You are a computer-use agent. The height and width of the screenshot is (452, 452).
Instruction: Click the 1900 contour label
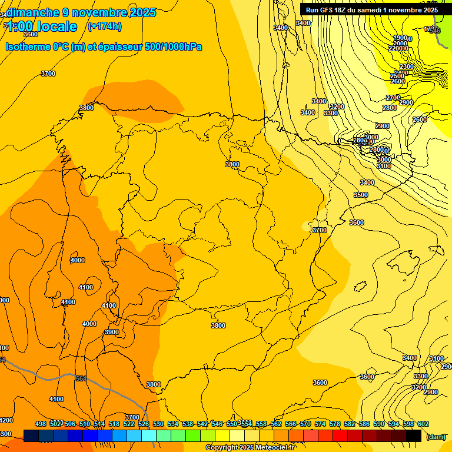(400, 38)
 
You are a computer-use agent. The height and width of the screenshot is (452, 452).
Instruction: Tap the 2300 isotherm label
(406, 67)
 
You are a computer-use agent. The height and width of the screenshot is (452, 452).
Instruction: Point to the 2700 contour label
(393, 98)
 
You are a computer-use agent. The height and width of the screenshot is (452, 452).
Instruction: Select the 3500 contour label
(361, 195)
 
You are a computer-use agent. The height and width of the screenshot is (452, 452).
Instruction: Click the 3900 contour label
(111, 332)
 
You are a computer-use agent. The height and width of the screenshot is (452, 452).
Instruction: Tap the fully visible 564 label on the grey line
(81, 378)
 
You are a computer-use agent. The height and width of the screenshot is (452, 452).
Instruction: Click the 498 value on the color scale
(41, 424)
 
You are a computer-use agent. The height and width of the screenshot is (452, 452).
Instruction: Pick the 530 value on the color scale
(158, 424)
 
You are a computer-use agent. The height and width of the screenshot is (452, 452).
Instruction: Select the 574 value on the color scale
(320, 424)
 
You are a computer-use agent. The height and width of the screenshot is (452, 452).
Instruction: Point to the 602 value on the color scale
(423, 424)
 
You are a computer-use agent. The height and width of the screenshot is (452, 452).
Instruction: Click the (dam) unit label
(436, 437)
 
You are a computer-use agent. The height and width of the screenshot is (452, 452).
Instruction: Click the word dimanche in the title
(33, 12)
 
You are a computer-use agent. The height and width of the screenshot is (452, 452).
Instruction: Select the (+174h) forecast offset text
(104, 26)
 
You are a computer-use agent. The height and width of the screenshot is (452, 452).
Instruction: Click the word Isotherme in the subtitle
(28, 46)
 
